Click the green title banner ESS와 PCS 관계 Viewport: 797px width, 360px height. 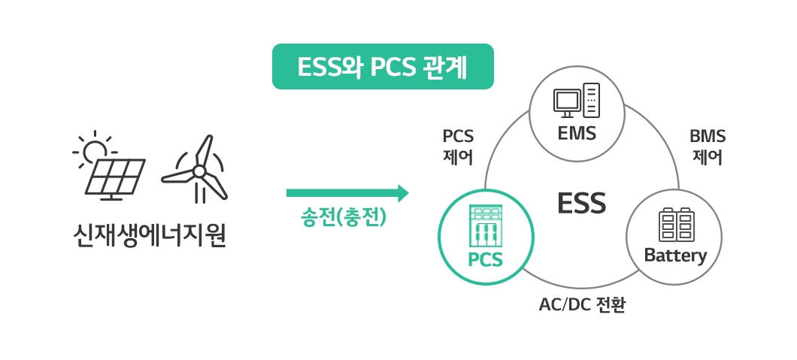click(x=383, y=67)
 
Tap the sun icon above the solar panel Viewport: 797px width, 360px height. click(x=95, y=151)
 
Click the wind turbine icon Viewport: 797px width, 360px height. click(x=197, y=171)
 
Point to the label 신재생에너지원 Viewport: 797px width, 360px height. click(x=149, y=236)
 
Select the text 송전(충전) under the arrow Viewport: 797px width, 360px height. click(x=344, y=218)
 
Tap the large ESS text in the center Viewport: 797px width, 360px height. click(x=581, y=204)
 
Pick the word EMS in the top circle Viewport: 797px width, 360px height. click(x=577, y=134)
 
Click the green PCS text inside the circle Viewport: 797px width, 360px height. click(x=485, y=260)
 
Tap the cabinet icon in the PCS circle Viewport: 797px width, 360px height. click(x=485, y=225)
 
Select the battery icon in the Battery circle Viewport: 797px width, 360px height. click(x=676, y=225)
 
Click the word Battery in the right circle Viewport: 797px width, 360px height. click(x=675, y=256)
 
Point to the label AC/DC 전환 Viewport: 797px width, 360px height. click(x=582, y=305)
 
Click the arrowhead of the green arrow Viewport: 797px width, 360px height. click(x=403, y=193)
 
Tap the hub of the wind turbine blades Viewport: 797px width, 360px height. click(x=198, y=171)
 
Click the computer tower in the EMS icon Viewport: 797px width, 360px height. click(x=592, y=100)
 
